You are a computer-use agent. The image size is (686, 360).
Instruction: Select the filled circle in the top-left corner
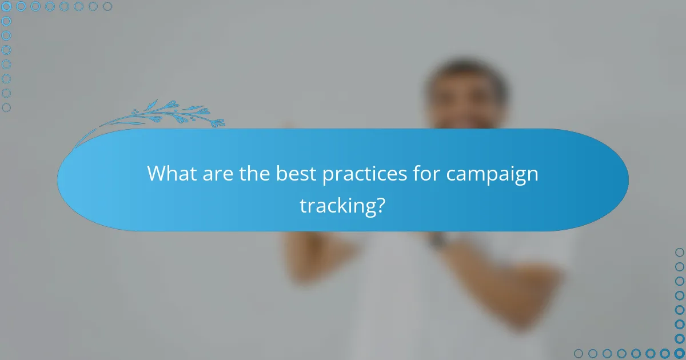pos(6,6)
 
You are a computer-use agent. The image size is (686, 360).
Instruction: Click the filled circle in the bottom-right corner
pos(680,354)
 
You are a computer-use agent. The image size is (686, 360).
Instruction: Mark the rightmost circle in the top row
pos(107,6)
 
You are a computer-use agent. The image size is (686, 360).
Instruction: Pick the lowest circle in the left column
pos(6,107)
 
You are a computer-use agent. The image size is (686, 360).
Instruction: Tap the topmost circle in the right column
pos(680,253)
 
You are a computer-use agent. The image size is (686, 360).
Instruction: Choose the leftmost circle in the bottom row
pos(579,354)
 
